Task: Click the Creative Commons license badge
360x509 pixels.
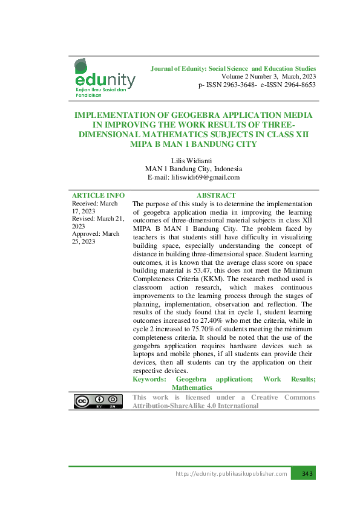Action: [x=94, y=402]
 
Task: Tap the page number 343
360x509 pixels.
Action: [x=307, y=473]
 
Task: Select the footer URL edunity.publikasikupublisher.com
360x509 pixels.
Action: [x=231, y=473]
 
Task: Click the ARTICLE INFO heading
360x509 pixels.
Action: [x=98, y=195]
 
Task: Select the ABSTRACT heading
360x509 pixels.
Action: [x=216, y=195]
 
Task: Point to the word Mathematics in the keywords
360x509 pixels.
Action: [x=192, y=387]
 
